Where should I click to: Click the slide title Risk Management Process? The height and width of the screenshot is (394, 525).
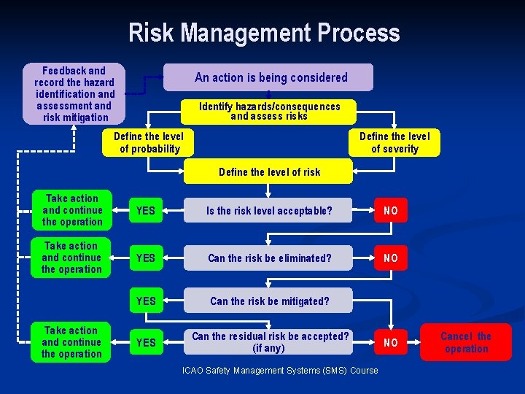click(264, 34)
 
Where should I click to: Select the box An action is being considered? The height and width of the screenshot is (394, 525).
click(268, 77)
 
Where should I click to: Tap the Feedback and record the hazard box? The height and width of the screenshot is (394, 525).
click(74, 93)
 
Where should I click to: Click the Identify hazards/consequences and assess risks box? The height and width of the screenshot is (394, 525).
click(269, 111)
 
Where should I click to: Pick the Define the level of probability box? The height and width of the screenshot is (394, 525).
click(149, 142)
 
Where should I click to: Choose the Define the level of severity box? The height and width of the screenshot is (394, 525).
click(394, 142)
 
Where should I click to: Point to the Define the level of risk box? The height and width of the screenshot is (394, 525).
click(269, 172)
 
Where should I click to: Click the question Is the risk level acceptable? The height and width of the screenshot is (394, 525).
click(268, 211)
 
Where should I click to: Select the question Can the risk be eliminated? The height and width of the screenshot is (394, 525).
click(268, 258)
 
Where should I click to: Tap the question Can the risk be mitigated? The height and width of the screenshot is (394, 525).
click(268, 301)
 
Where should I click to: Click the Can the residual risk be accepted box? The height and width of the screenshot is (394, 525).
click(269, 342)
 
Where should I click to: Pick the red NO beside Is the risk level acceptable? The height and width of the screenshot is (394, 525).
click(391, 211)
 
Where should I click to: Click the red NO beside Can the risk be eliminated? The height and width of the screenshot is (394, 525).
click(391, 258)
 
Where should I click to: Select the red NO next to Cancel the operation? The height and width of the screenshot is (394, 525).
click(391, 342)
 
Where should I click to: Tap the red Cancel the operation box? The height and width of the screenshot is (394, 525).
click(466, 342)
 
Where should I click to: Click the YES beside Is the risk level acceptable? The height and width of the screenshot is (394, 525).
click(146, 211)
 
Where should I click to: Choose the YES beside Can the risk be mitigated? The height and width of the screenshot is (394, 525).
click(146, 301)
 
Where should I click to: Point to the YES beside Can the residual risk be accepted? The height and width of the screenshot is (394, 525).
click(146, 342)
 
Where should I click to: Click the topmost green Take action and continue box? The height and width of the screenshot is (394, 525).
click(71, 210)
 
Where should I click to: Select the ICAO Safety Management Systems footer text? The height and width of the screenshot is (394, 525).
click(280, 371)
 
